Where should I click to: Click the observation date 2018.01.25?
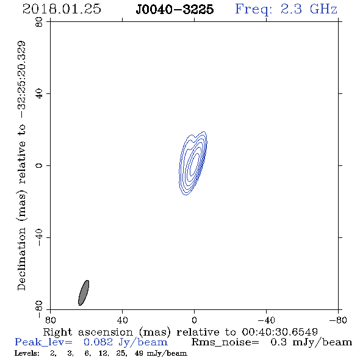62,9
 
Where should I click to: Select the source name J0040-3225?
175,9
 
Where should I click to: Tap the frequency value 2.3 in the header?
291,9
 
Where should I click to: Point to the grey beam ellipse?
84,293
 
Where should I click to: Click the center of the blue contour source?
193,164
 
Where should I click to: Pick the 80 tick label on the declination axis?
39,22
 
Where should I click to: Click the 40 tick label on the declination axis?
39,94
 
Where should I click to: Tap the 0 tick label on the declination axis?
39,165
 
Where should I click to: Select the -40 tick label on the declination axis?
39,237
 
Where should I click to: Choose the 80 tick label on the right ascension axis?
50,320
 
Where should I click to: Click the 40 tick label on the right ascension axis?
122,320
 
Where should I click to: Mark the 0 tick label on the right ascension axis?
194,320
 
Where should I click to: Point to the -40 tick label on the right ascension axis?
266,320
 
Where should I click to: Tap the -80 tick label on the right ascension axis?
338,320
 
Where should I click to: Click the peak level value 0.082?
98,342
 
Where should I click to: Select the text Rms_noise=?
225,342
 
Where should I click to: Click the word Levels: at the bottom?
27,353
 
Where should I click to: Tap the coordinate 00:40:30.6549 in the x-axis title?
279,332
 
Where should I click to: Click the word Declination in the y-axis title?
21,259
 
